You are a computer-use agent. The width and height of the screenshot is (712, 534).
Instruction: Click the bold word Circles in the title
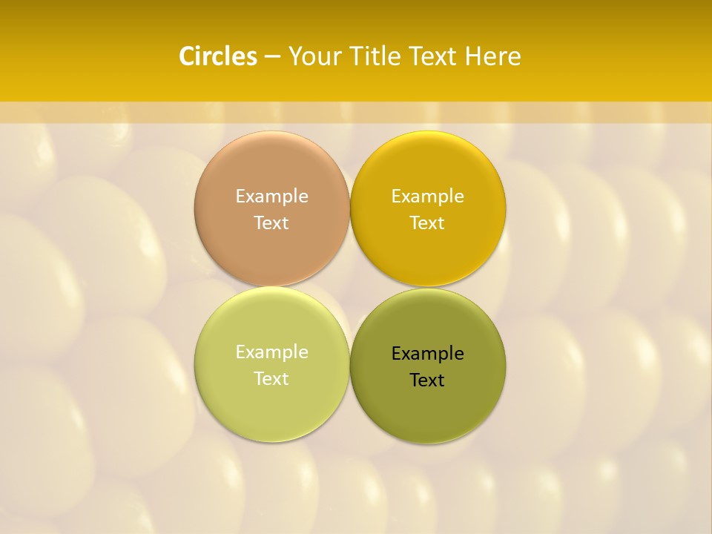(x=218, y=56)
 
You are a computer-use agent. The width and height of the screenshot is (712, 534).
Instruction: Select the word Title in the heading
(x=376, y=56)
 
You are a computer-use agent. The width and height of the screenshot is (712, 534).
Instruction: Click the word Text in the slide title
(x=433, y=56)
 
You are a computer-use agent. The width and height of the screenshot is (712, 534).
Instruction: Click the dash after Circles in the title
(x=272, y=57)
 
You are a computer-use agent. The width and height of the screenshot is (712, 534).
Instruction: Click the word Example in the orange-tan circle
(x=271, y=197)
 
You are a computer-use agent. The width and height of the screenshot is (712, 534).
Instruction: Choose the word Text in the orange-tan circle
(x=271, y=223)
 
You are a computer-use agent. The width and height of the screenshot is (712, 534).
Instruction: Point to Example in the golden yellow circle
(x=427, y=197)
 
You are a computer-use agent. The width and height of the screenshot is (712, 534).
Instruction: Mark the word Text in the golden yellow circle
(x=427, y=223)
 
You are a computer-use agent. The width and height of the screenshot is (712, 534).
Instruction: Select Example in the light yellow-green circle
(x=271, y=352)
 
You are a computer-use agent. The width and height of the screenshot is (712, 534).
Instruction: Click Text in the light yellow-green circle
(x=271, y=379)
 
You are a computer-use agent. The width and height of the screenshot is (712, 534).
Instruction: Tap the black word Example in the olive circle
(x=427, y=354)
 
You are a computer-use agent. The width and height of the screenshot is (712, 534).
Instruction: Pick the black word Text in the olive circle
(x=427, y=380)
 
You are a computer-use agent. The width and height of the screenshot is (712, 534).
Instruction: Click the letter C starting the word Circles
(x=186, y=56)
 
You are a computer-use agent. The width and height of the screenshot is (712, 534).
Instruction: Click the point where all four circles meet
(x=349, y=286)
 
